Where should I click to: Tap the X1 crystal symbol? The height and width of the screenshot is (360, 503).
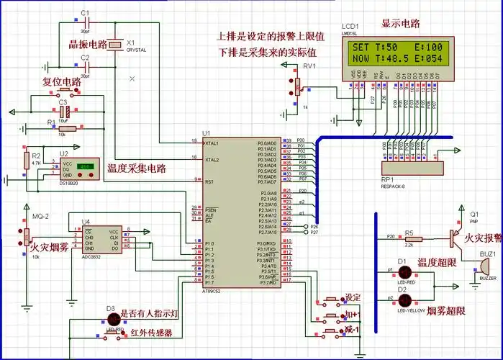(x=115, y=45)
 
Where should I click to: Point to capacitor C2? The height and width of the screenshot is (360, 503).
(x=85, y=66)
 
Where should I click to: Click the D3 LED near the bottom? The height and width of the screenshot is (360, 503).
(x=113, y=318)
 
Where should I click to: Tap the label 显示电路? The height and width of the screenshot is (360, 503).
(x=400, y=23)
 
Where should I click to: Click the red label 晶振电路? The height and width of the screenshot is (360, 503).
(x=88, y=45)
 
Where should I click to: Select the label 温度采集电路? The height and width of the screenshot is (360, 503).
(x=136, y=168)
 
